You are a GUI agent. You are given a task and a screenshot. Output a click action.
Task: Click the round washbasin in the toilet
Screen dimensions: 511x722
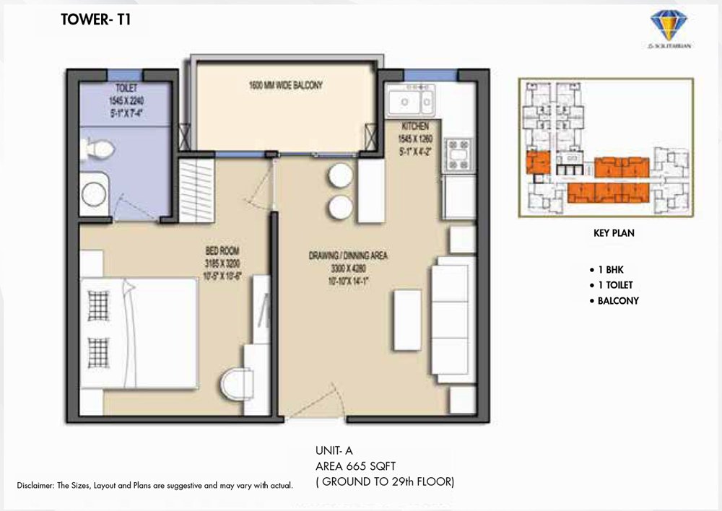[x=95, y=193]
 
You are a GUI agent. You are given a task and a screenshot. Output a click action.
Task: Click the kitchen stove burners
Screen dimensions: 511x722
[x=458, y=153]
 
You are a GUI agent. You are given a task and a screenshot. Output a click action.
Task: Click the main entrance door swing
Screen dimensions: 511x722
[x=329, y=401]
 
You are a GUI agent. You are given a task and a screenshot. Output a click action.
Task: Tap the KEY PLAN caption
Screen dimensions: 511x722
[x=613, y=234]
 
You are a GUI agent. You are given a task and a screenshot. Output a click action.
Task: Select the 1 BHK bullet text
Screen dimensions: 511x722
[x=612, y=269]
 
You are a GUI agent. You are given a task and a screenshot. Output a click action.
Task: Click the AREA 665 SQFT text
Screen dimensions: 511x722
[x=355, y=466]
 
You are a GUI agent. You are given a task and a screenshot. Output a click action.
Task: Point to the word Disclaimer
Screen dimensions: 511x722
[x=36, y=485]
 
